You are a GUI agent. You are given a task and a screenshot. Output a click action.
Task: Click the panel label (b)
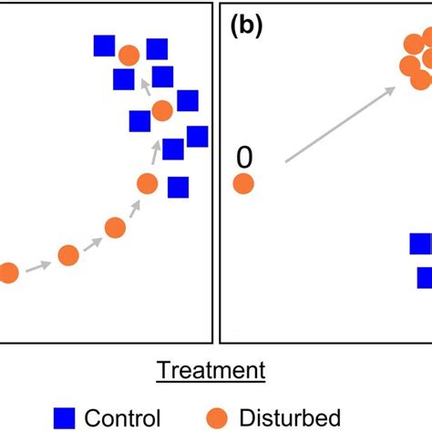(246, 26)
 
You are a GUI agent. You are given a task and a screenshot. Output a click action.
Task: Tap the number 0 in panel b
(243, 159)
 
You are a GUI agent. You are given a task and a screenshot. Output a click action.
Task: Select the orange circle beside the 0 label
(243, 184)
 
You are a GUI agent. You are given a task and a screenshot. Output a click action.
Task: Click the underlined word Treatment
(211, 370)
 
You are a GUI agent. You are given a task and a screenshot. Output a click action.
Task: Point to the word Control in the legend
(122, 417)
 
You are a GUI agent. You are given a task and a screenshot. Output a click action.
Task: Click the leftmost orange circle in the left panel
(7, 273)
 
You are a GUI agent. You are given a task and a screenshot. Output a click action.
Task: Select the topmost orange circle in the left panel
(129, 55)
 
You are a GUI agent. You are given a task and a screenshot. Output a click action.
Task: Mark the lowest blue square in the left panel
(178, 187)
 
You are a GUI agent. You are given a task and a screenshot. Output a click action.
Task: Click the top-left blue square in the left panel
(104, 46)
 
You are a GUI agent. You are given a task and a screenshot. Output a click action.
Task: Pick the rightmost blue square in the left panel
(197, 136)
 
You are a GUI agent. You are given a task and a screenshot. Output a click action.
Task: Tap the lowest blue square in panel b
(425, 278)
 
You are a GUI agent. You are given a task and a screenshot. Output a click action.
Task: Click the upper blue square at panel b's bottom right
(420, 243)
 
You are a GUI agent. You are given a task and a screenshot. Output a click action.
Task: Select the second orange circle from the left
(68, 255)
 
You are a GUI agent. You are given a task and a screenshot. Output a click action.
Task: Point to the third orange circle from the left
(114, 227)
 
